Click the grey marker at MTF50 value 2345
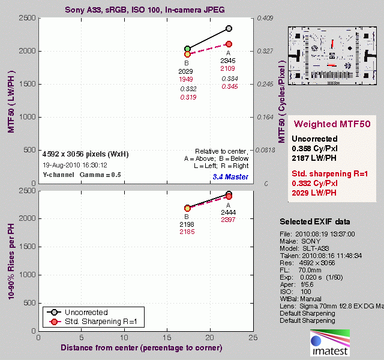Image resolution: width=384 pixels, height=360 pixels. pyautogui.click(x=229, y=29)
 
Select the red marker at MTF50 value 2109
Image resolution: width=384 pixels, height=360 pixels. pyautogui.click(x=229, y=44)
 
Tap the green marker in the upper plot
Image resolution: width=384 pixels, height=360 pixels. pyautogui.click(x=187, y=49)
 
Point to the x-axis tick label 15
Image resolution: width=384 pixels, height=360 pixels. pyautogui.click(x=167, y=337)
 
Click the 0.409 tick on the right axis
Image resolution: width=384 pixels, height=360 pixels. pyautogui.click(x=265, y=18)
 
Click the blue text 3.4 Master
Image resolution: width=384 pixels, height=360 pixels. pyautogui.click(x=229, y=176)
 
